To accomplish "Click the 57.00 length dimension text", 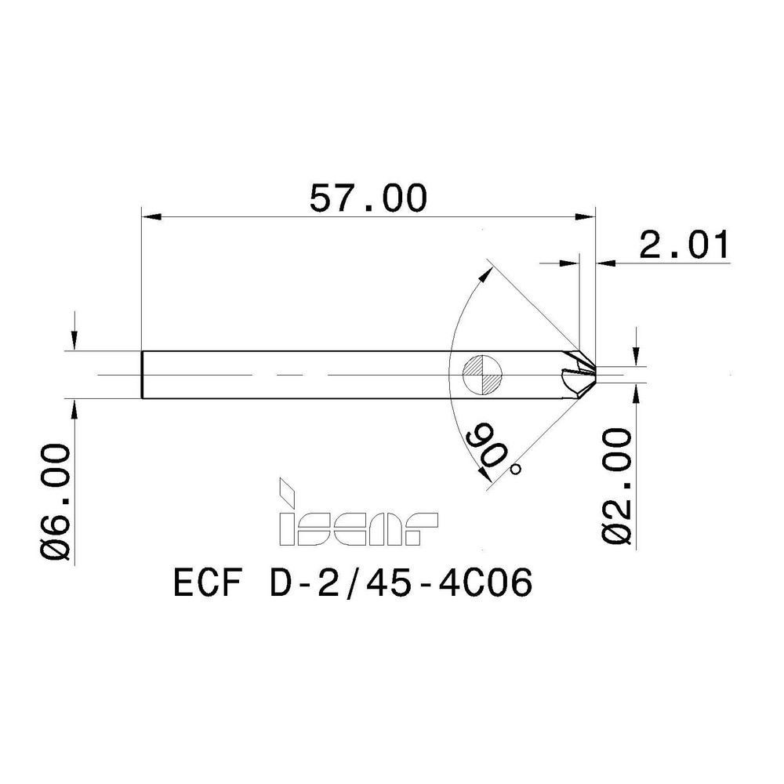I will [368, 197].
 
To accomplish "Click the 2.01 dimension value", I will [684, 245].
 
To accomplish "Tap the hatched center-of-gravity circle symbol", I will [481, 374].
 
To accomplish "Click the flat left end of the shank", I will [143, 374].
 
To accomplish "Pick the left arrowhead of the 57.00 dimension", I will [149, 216].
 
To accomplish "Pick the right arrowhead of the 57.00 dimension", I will [589, 216].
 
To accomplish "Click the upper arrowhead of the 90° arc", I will [492, 271].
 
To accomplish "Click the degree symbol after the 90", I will [515, 469].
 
